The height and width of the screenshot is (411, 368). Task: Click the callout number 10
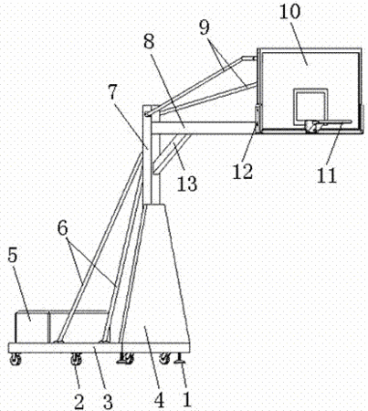[x=289, y=12]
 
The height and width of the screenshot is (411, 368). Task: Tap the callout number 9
[x=205, y=28]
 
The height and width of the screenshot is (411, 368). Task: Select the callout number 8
[x=149, y=41]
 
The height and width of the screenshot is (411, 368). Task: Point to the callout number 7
[x=112, y=92]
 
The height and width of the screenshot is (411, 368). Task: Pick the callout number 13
[x=187, y=184]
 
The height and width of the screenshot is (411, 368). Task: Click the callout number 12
[x=243, y=172]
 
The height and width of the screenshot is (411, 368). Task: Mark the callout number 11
[x=326, y=175]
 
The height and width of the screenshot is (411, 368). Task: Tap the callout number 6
[x=63, y=228]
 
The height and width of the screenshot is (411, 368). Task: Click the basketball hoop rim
[x=331, y=122]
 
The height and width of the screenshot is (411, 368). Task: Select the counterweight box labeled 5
[x=32, y=326]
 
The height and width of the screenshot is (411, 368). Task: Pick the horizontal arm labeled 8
[x=203, y=128]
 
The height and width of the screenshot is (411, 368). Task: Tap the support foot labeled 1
[x=180, y=358]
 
